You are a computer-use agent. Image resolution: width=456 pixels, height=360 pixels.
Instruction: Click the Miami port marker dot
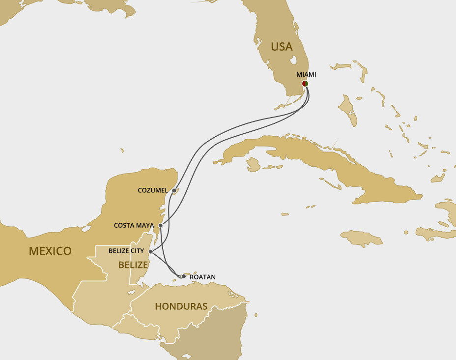pos(305,84)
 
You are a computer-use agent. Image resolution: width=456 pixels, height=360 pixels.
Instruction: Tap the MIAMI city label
pos(306,75)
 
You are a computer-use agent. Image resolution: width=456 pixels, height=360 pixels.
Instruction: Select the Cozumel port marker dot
pos(174,190)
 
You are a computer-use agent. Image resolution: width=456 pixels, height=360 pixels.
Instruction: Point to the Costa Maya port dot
pos(161,225)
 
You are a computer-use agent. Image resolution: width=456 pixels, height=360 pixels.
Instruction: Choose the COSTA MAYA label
pos(134,225)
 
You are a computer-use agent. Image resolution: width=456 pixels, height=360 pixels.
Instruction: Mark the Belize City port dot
pos(150,251)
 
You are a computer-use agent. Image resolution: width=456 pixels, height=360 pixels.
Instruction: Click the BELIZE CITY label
pos(126,251)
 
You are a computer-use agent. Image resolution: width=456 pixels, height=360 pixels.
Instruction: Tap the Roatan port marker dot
pos(184,276)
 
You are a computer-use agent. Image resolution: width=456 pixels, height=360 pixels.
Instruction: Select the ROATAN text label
pos(202,277)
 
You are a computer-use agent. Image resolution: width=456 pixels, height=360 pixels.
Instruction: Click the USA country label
pos(282,47)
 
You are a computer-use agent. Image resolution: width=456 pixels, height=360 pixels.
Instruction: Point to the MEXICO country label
pos(50,251)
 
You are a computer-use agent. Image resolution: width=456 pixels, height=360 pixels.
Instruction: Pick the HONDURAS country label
pos(181,306)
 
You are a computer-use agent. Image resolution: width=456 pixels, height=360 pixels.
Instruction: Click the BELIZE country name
pos(133,265)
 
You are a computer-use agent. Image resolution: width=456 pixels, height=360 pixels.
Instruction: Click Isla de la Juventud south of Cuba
pos(253,165)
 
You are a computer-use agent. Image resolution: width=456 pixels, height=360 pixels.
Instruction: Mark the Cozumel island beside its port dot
pos(178,189)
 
